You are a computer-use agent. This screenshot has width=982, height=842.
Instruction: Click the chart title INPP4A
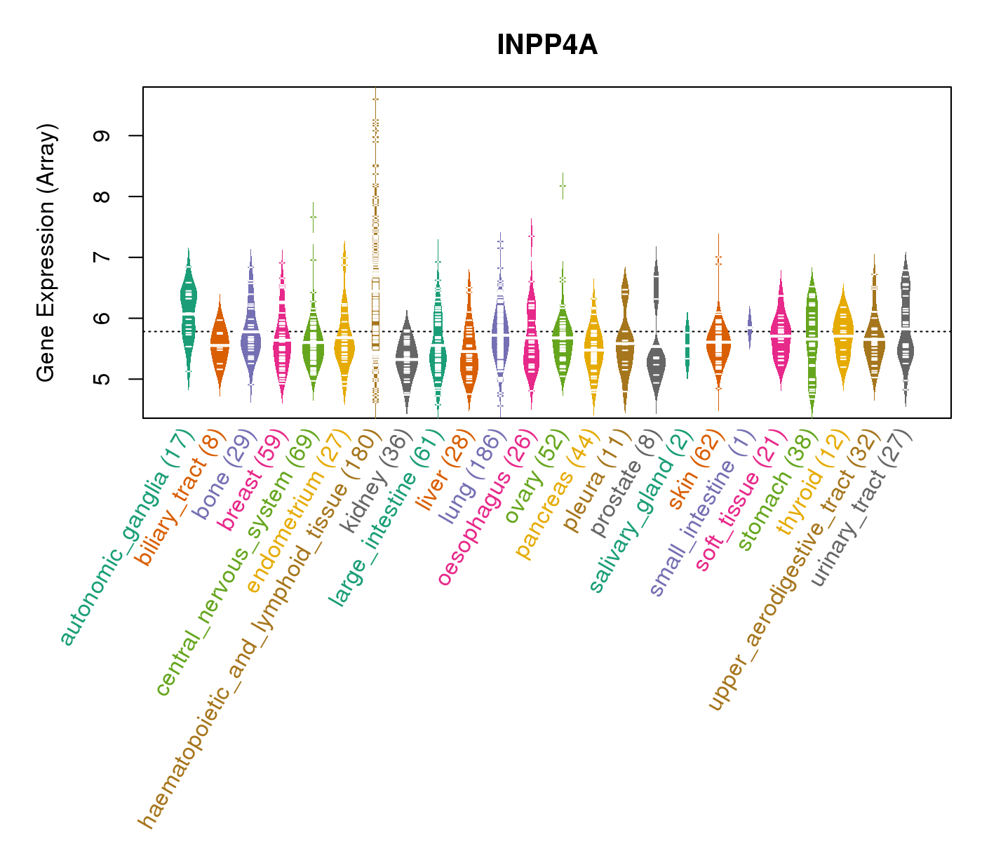546,46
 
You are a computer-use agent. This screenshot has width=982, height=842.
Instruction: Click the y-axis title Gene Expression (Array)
46,253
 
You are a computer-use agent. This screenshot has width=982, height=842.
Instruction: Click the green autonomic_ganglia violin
188,309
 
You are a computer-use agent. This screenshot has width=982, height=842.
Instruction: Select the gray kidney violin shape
406,358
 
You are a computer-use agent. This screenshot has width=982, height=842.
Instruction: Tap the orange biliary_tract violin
220,344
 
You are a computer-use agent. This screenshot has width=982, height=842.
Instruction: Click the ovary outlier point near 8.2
563,185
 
